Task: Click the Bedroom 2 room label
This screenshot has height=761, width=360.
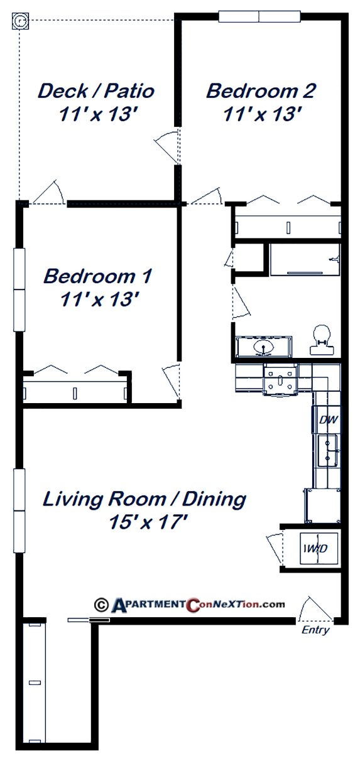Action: (261, 91)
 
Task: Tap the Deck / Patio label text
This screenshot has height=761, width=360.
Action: (96, 91)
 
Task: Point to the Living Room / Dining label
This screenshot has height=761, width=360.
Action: (144, 499)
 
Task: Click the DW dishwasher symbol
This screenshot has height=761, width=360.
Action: (326, 419)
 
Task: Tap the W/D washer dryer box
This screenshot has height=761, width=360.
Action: (314, 549)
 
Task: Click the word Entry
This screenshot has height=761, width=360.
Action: (315, 630)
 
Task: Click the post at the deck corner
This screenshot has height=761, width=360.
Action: (21, 21)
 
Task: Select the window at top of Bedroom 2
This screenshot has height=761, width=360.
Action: (259, 16)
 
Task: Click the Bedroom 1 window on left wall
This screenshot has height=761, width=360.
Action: (19, 289)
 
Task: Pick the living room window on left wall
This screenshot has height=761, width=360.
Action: (19, 510)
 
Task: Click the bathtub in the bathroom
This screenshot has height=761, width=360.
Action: (305, 259)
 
